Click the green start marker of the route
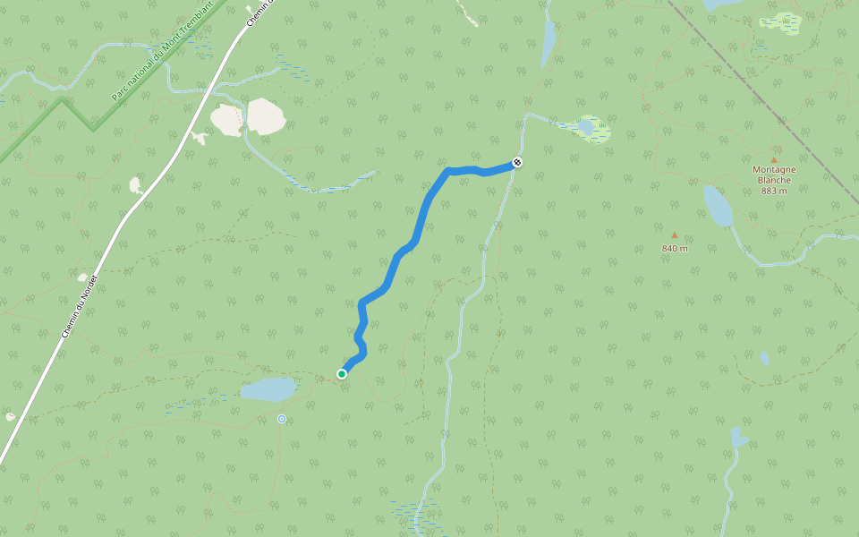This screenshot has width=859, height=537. (x=342, y=373)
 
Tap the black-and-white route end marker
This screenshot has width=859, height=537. (x=517, y=162)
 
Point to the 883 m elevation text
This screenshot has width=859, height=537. (x=774, y=191)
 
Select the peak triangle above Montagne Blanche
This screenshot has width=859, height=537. (x=774, y=160)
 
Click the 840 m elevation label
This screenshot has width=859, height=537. (x=675, y=248)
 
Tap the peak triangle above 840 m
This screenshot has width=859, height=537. (x=675, y=235)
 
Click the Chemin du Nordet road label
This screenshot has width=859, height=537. (x=78, y=305)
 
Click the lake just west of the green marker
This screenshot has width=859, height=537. (x=268, y=389)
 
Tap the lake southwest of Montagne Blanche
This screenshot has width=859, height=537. (x=718, y=207)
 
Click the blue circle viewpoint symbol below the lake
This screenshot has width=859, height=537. (x=282, y=418)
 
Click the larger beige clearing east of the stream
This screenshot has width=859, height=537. (x=266, y=116)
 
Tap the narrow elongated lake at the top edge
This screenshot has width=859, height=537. (x=548, y=42)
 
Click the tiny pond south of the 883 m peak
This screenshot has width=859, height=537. (x=764, y=358)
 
